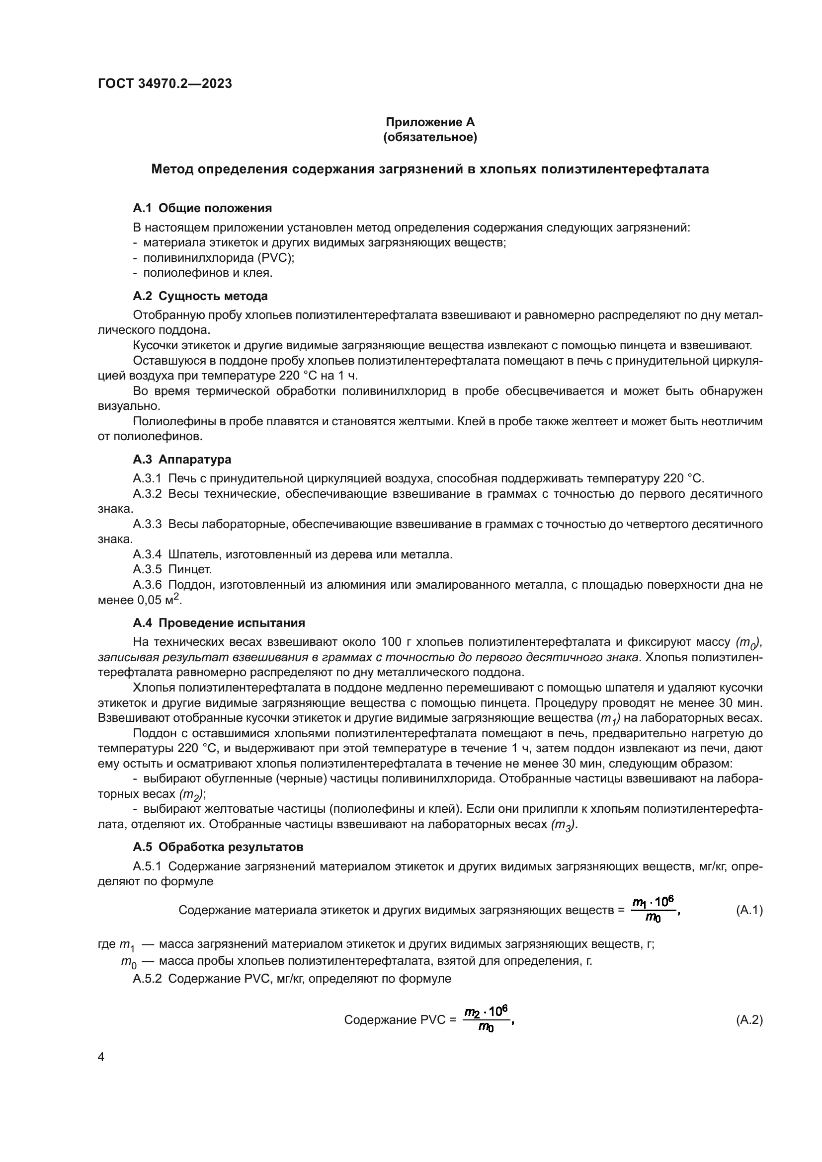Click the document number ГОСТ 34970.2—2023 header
[164, 83]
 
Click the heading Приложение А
[430, 122]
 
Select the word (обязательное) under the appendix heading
[430, 137]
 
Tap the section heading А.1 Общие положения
[202, 208]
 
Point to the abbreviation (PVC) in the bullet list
[275, 258]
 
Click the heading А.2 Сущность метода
[200, 296]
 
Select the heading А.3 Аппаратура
[182, 460]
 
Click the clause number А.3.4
[147, 554]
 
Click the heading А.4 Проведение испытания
[219, 622]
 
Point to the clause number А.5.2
[147, 978]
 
